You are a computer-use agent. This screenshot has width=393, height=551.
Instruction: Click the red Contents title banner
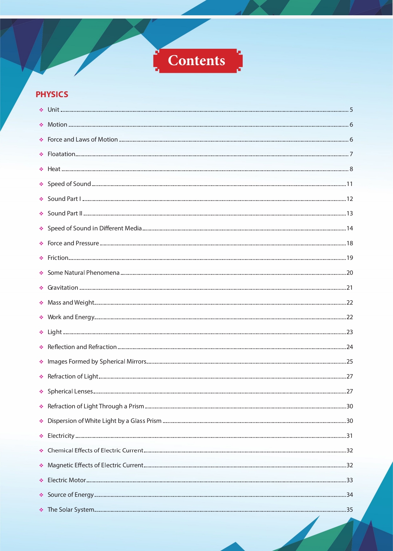(x=197, y=61)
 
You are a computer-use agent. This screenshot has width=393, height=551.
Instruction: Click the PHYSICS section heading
(x=52, y=95)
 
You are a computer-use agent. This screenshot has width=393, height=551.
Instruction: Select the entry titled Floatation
(x=61, y=154)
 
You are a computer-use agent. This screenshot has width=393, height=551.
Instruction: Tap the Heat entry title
(x=54, y=169)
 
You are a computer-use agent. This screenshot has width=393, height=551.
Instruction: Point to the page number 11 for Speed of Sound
(x=350, y=184)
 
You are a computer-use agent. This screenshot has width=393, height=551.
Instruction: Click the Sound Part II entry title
(x=65, y=214)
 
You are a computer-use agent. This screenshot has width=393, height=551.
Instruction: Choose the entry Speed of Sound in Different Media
(x=95, y=229)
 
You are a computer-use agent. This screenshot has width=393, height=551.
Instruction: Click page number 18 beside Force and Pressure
(x=350, y=243)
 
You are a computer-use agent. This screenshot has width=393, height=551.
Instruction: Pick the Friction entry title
(x=58, y=258)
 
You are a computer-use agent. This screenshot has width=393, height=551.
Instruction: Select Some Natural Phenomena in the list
(x=83, y=273)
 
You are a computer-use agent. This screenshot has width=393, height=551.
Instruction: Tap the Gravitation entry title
(x=63, y=288)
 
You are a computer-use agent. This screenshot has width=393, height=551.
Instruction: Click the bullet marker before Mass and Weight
(x=41, y=303)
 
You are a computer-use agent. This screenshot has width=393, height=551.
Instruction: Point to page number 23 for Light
(x=350, y=332)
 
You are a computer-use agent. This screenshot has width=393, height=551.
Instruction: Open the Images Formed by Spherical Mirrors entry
(x=97, y=362)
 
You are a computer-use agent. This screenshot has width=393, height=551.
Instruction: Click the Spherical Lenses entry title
(x=70, y=392)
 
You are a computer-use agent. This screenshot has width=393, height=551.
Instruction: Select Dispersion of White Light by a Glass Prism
(x=104, y=421)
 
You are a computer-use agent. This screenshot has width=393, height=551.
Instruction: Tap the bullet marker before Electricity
(x=41, y=436)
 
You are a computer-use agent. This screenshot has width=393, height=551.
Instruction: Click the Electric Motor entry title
(x=67, y=480)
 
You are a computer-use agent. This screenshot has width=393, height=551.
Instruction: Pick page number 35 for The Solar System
(x=350, y=510)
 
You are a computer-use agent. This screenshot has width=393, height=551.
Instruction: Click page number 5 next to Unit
(x=351, y=110)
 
